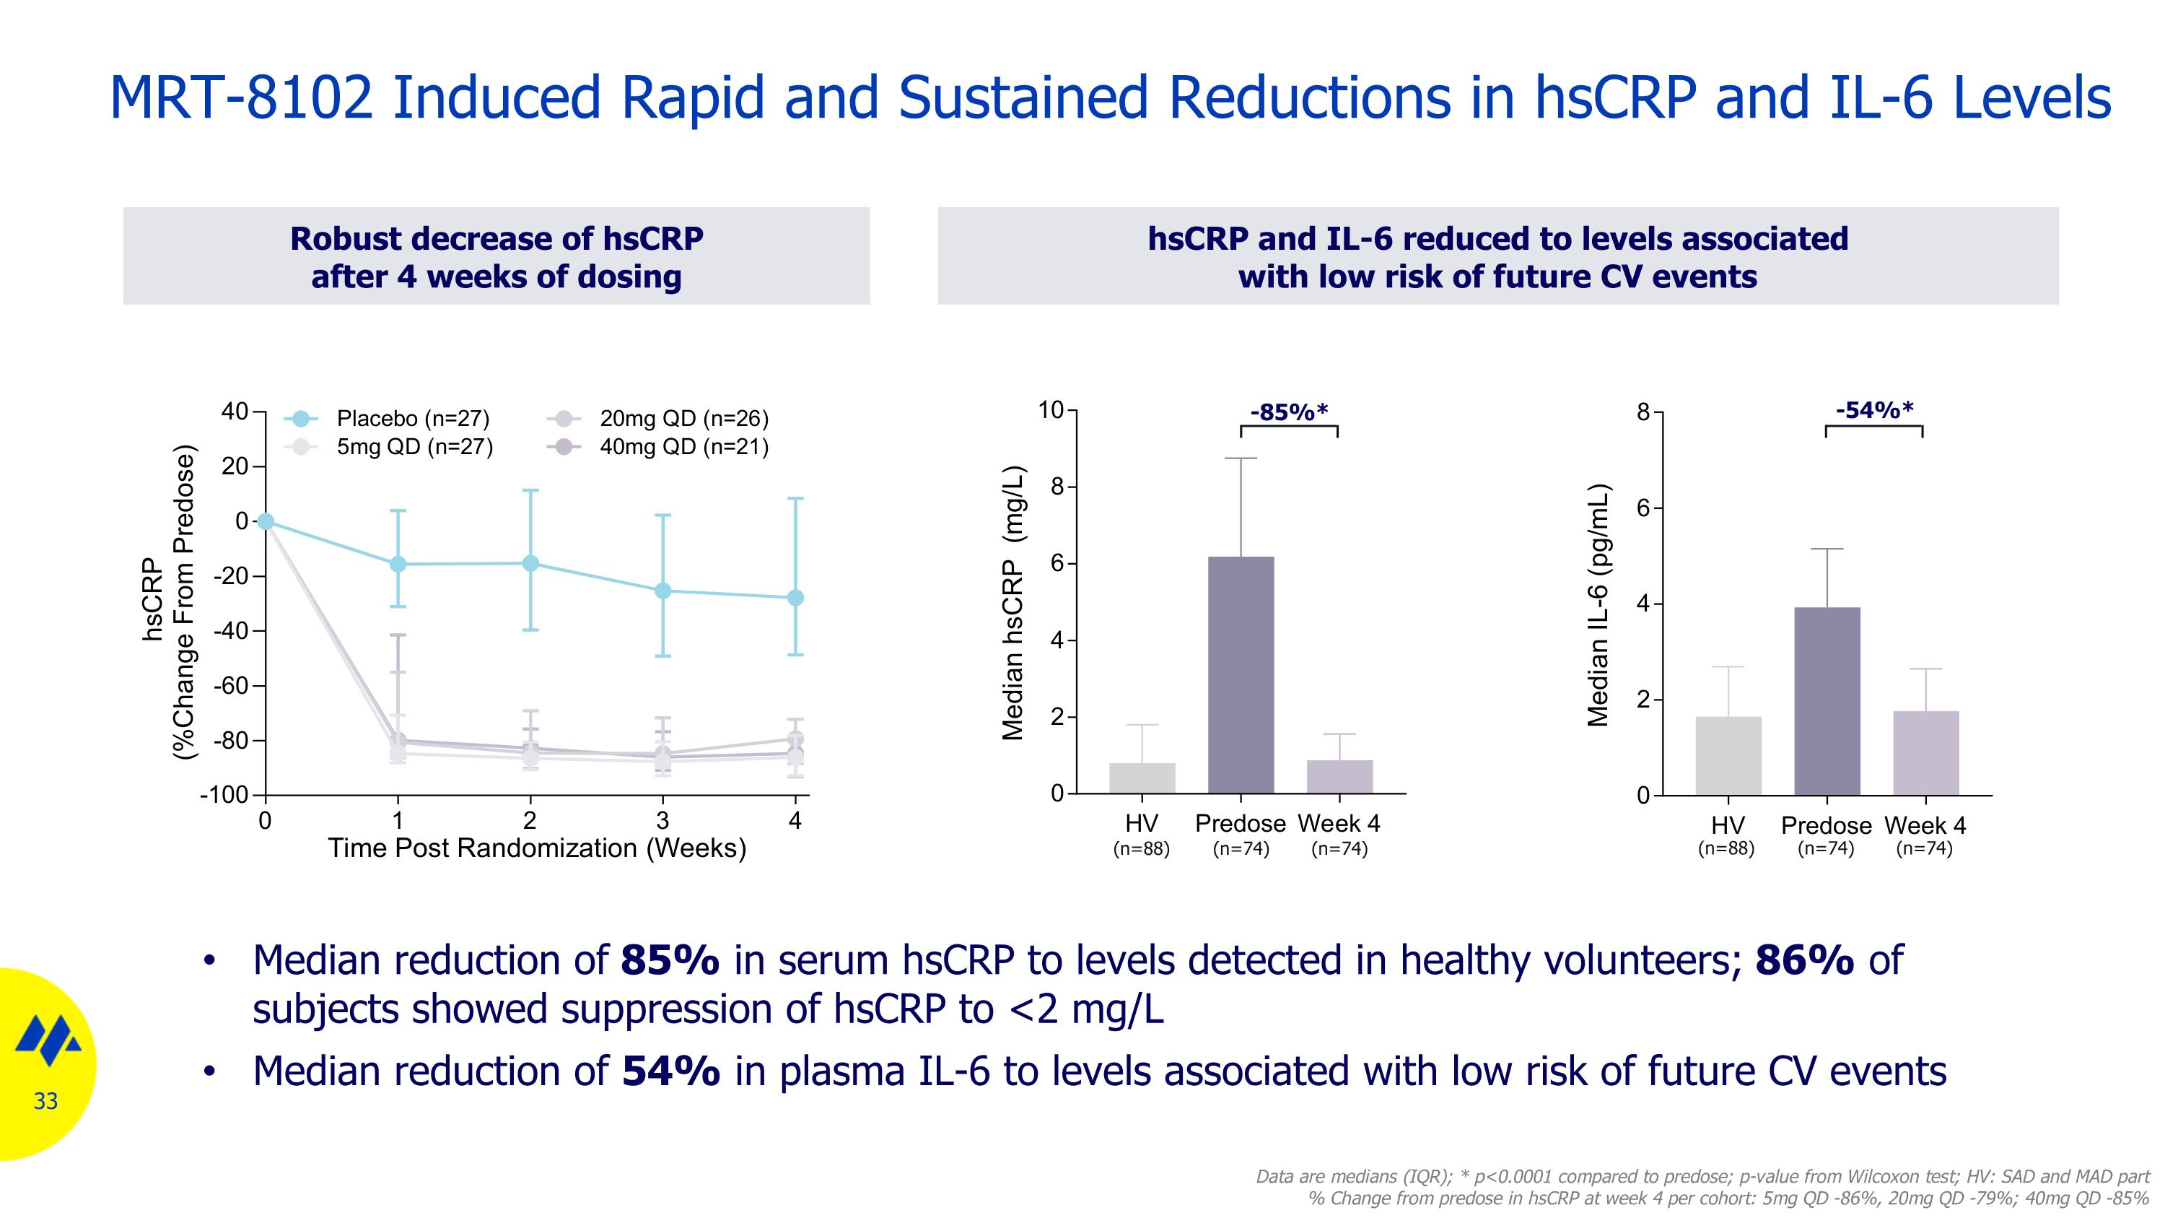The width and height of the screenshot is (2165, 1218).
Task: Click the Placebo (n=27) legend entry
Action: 387,419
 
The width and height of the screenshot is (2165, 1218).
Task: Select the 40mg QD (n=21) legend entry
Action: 658,446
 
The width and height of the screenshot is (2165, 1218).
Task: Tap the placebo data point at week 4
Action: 795,598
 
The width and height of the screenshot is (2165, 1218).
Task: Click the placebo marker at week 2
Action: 530,563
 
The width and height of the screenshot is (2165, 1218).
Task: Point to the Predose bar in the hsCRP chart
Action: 1241,675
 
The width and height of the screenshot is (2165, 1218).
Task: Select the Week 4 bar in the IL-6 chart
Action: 1925,753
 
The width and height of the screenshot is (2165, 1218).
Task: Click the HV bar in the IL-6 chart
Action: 1728,756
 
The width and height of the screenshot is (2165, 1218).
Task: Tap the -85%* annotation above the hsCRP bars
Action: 1288,412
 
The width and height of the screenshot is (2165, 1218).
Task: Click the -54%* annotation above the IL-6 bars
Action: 1874,410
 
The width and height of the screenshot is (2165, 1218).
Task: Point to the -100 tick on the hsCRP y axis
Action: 224,794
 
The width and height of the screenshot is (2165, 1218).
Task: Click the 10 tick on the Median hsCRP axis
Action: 1050,410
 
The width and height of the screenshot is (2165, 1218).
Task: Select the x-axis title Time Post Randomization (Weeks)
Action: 537,848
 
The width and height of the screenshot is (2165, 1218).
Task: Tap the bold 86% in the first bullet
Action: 1803,960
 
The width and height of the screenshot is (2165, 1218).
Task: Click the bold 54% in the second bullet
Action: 670,1071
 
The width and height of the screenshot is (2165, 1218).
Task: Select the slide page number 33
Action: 46,1101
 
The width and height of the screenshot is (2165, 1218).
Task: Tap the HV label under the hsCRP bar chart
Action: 1142,824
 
